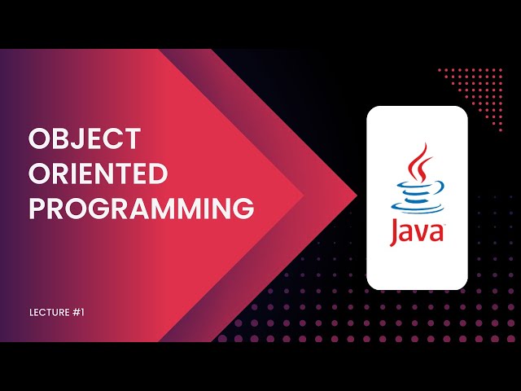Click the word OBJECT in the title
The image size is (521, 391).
(x=85, y=139)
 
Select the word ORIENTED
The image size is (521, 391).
(x=99, y=174)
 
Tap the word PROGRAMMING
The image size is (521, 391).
(x=141, y=209)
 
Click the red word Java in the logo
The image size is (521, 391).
(x=417, y=231)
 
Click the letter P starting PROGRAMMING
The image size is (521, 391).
(x=37, y=209)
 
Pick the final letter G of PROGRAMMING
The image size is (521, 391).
(x=242, y=209)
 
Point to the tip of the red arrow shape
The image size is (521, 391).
(x=357, y=195)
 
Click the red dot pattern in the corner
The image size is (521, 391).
(x=481, y=90)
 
